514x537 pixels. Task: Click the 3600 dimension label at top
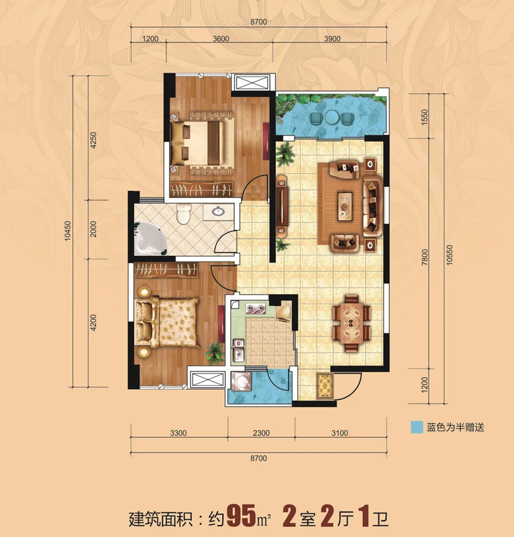[x=221, y=39]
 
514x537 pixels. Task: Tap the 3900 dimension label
[x=332, y=39]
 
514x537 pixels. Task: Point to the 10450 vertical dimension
[x=67, y=231]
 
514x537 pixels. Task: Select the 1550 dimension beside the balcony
[x=424, y=117]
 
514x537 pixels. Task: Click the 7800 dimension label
[x=424, y=257]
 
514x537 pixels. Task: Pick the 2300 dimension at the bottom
[x=261, y=433]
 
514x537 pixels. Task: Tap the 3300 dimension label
[x=178, y=433]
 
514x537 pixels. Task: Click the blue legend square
[x=417, y=427]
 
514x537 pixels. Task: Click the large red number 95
[x=241, y=515]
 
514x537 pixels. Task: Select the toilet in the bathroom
[x=184, y=214]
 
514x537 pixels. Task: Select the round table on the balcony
[x=332, y=118]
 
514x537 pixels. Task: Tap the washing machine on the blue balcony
[x=241, y=381]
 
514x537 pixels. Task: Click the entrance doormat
[x=325, y=386]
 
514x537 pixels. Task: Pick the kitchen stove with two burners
[x=256, y=308]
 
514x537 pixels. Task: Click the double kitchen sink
[x=239, y=350]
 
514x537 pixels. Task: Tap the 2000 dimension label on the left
[x=93, y=229]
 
